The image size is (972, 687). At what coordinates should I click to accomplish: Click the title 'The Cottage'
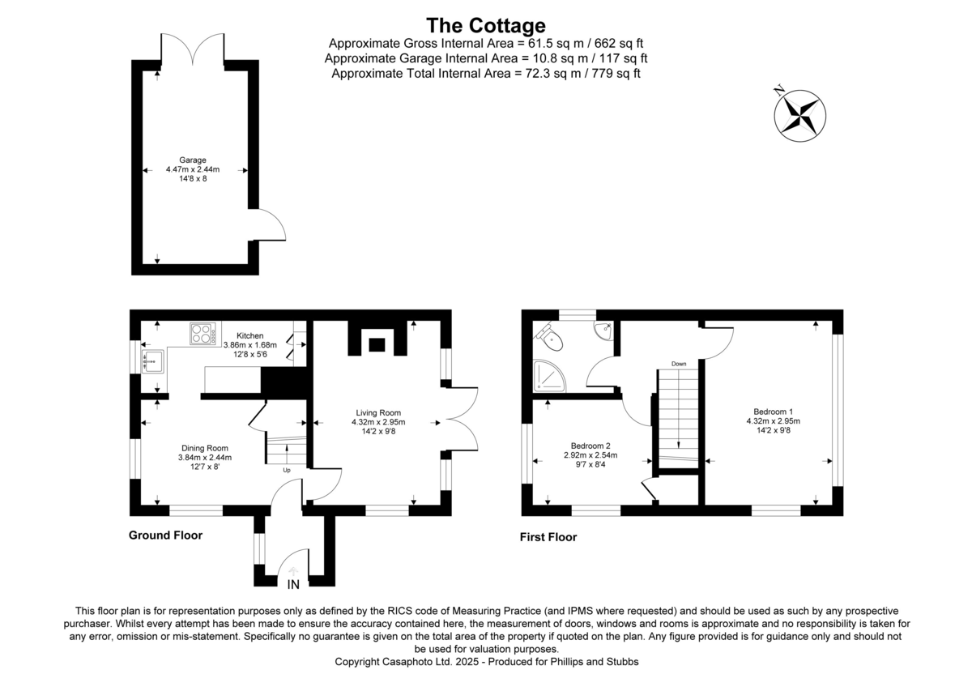pos(486,25)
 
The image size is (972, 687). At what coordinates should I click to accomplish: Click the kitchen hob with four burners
pos(203,334)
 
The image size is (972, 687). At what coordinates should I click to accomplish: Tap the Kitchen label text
pos(249,335)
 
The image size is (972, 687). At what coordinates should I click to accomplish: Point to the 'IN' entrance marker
pos(292,583)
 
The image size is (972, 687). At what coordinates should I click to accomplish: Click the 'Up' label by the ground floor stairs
pos(286,470)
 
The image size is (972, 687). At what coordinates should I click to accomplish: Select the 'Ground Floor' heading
pos(165,536)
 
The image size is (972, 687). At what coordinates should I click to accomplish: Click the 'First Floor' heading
pos(548,536)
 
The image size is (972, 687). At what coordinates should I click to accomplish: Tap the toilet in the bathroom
pos(547,334)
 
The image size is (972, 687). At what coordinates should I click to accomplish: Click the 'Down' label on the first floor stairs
pos(679,364)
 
